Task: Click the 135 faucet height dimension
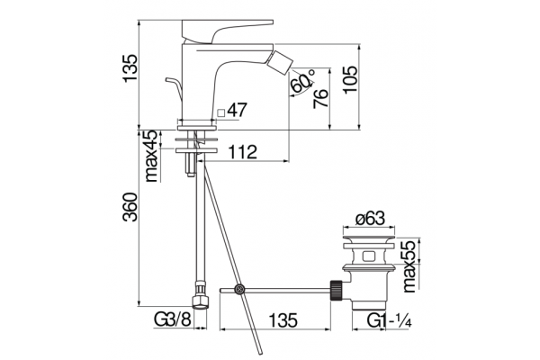130,67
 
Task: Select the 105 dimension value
350,79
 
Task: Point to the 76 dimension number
320,98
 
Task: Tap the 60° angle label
302,81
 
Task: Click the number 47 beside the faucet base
238,110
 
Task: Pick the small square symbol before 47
221,112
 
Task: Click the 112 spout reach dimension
243,152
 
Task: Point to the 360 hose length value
130,207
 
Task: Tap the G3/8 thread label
172,320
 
